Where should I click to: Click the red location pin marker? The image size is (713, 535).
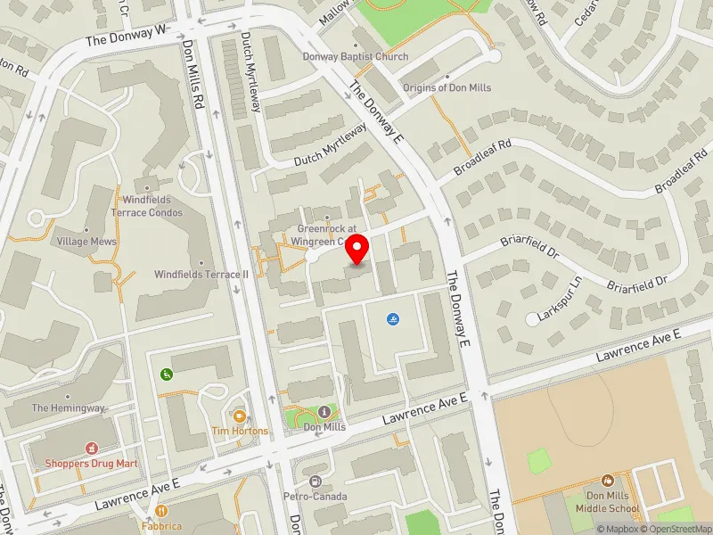357,249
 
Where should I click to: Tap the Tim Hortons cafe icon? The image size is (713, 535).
239,416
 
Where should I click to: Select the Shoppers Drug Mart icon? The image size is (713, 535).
90,448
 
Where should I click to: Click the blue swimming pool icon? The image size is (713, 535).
393,319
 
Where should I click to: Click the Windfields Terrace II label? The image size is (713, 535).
201,275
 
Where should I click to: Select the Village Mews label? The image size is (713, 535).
86,242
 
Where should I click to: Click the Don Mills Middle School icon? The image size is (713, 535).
608,481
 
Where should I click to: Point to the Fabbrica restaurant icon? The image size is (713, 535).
161,511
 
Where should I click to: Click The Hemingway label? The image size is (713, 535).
69,407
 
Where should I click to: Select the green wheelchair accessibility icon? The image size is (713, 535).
165,374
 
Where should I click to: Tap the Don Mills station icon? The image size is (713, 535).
324,411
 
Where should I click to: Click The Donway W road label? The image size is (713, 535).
127,37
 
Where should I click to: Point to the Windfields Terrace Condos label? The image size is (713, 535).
147,206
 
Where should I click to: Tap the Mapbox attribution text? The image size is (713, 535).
614,529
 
